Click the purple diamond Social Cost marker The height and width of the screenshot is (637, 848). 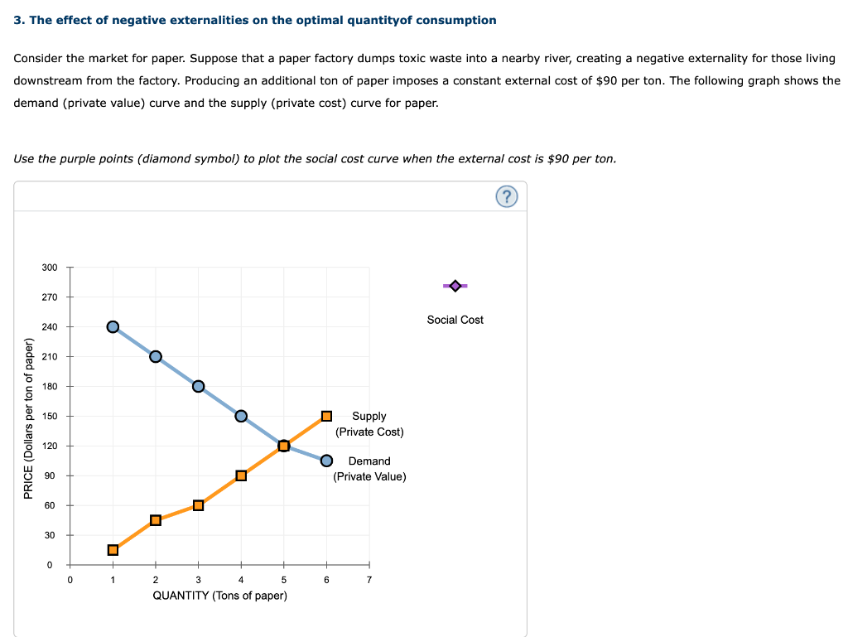(x=455, y=286)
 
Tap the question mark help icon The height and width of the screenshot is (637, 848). (x=508, y=196)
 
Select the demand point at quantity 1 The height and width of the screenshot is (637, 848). (x=113, y=326)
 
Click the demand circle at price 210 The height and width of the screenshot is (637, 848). (x=156, y=356)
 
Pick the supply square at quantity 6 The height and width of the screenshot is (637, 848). (x=326, y=416)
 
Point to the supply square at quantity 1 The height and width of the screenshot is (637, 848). (x=113, y=550)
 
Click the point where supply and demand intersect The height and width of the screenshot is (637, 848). (x=283, y=446)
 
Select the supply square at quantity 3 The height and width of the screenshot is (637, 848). (x=198, y=505)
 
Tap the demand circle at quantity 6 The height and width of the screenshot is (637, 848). (x=326, y=461)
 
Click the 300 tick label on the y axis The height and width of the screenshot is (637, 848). (x=50, y=268)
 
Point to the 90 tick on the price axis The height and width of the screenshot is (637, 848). (x=50, y=475)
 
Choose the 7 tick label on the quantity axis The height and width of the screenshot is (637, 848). (x=369, y=580)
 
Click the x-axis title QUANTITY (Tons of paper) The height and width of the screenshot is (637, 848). (x=220, y=596)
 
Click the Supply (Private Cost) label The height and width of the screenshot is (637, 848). (x=369, y=424)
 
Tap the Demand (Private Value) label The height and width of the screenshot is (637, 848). (x=369, y=469)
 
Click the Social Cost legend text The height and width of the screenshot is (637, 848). (x=455, y=320)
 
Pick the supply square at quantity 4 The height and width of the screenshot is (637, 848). (x=241, y=475)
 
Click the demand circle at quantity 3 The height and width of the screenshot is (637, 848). (x=198, y=386)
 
